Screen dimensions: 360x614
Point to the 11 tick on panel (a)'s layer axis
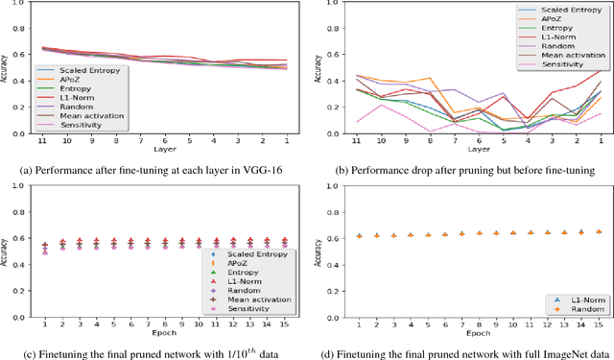point(42,140)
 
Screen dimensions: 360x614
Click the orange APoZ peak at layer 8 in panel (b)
point(430,79)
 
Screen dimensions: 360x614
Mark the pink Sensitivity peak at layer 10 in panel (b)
point(382,105)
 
